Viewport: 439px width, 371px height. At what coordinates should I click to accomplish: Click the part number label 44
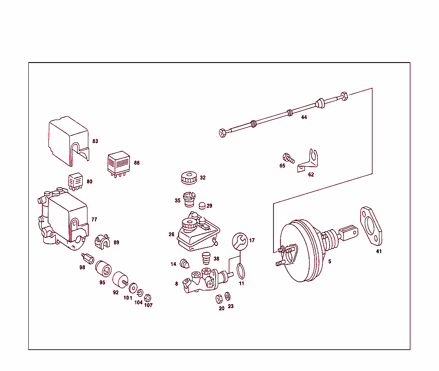click(304, 117)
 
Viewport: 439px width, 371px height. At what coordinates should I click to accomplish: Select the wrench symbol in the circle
click(240, 241)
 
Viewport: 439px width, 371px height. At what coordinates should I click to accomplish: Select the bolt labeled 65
click(288, 158)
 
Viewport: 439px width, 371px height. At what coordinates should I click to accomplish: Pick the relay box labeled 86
click(119, 163)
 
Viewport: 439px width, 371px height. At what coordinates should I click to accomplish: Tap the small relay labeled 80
click(76, 182)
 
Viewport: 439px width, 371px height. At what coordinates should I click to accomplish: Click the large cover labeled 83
click(69, 140)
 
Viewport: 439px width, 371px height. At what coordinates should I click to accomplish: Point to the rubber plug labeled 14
click(185, 263)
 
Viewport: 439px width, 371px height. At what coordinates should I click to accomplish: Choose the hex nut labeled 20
click(218, 298)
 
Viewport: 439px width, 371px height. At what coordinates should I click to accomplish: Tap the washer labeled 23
click(227, 296)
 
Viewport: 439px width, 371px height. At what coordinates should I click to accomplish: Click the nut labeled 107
click(148, 297)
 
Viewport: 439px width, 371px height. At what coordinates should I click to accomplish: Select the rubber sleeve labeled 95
click(103, 269)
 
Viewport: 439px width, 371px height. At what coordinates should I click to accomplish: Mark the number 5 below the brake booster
click(330, 261)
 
